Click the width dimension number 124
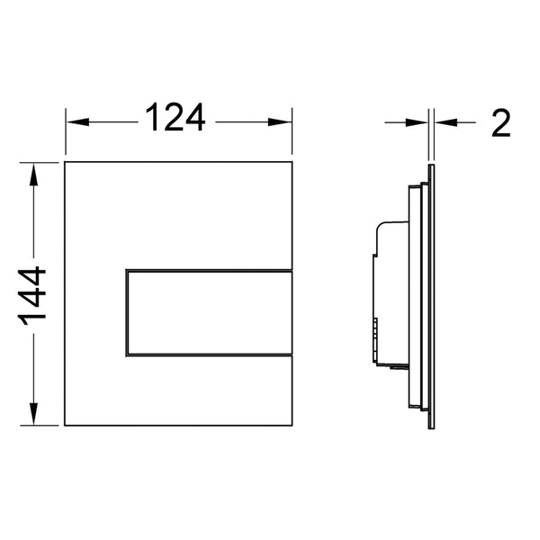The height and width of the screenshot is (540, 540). pos(176,118)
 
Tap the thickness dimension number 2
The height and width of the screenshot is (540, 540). pos(500,122)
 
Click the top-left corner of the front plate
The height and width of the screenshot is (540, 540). pos(66,163)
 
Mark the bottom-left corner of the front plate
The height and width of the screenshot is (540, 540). pos(66,427)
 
